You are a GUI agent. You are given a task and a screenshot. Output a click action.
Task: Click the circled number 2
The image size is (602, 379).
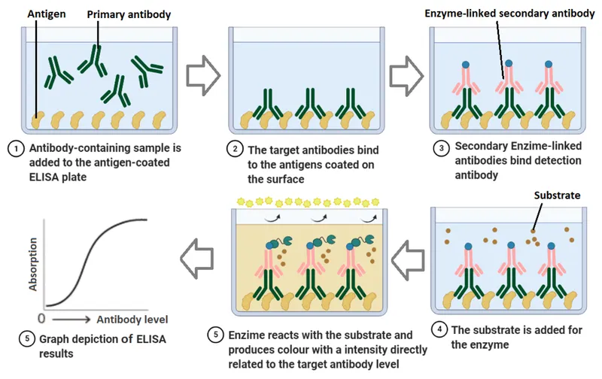236,148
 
